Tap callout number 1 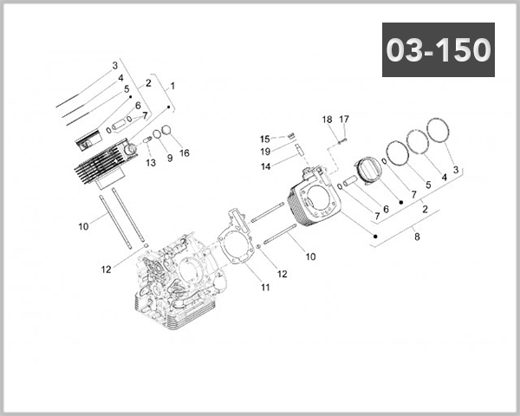pyautogui.click(x=172, y=86)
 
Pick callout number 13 pyautogui.click(x=149, y=162)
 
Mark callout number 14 pyautogui.click(x=266, y=166)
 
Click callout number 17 pyautogui.click(x=344, y=119)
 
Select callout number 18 pyautogui.click(x=328, y=119)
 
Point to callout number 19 pyautogui.click(x=266, y=152)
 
